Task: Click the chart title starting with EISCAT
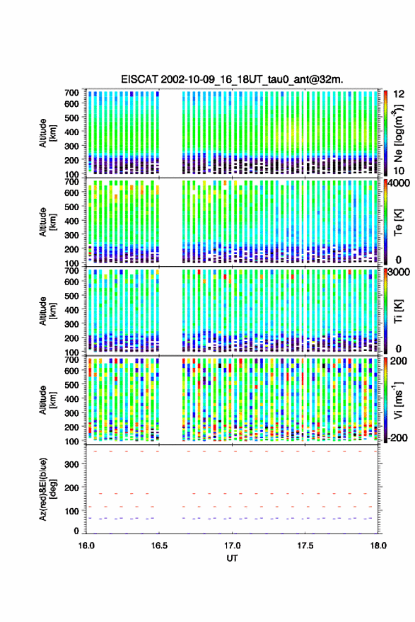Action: click(233, 79)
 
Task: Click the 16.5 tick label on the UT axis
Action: click(159, 546)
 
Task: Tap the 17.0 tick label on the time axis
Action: click(233, 546)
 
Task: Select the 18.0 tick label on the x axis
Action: click(378, 546)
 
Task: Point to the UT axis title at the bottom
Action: click(233, 558)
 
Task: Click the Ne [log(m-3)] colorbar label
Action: click(399, 133)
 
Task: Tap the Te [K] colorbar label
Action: click(398, 222)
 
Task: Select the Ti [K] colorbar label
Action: click(398, 311)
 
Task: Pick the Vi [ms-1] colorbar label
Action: click(398, 400)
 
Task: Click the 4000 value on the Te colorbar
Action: click(399, 183)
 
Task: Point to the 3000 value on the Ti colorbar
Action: click(399, 272)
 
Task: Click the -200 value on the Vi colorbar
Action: click(398, 438)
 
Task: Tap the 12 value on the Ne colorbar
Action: click(399, 94)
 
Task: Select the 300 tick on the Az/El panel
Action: click(71, 464)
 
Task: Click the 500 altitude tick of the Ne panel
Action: click(71, 117)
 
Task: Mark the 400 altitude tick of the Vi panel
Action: click(71, 398)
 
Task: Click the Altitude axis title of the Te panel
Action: click(47, 222)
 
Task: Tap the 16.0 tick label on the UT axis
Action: click(86, 546)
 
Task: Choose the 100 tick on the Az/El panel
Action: click(71, 511)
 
